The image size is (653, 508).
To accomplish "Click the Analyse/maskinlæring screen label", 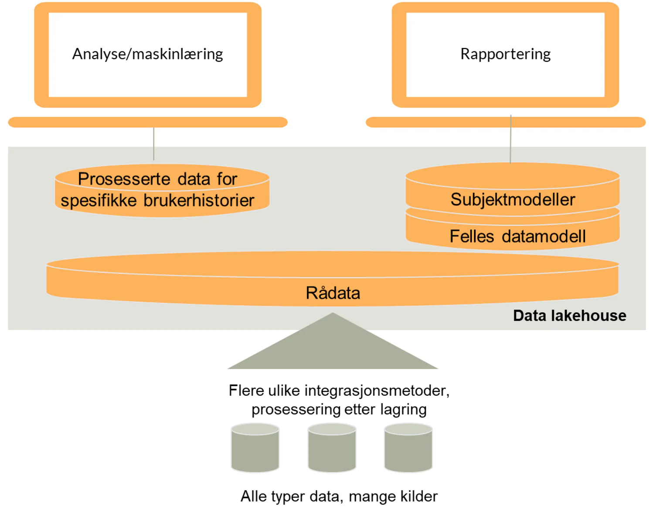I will point(147,54).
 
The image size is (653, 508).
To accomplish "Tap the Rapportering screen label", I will point(505,54).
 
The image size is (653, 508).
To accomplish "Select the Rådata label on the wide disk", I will point(333,293).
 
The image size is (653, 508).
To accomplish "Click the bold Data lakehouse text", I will point(569,316).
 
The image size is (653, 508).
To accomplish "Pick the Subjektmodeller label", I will point(513,199).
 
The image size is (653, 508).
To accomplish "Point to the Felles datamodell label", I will point(517,236).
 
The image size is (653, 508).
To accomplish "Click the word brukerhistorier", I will point(199,200).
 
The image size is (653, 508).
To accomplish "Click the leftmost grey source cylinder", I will point(255,449).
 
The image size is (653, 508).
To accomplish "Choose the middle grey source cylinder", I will point(332,449).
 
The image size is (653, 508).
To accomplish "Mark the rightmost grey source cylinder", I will point(408,449).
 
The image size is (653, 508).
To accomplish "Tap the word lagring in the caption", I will point(403,409).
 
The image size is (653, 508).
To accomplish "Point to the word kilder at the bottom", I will point(419,496).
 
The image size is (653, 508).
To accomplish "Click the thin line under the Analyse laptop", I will point(154,144).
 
